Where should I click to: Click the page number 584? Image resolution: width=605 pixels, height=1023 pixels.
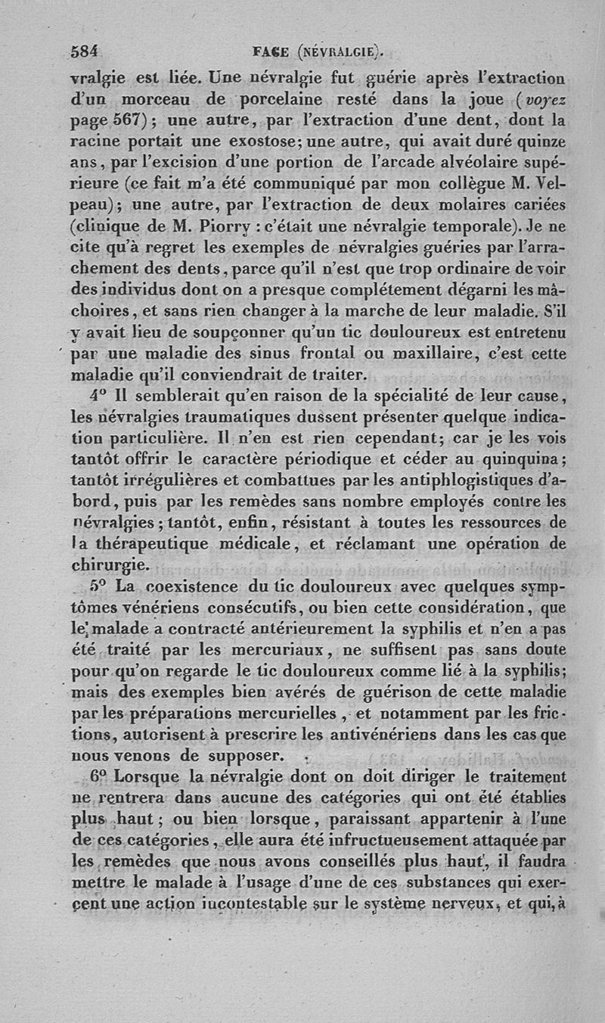pyautogui.click(x=85, y=52)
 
